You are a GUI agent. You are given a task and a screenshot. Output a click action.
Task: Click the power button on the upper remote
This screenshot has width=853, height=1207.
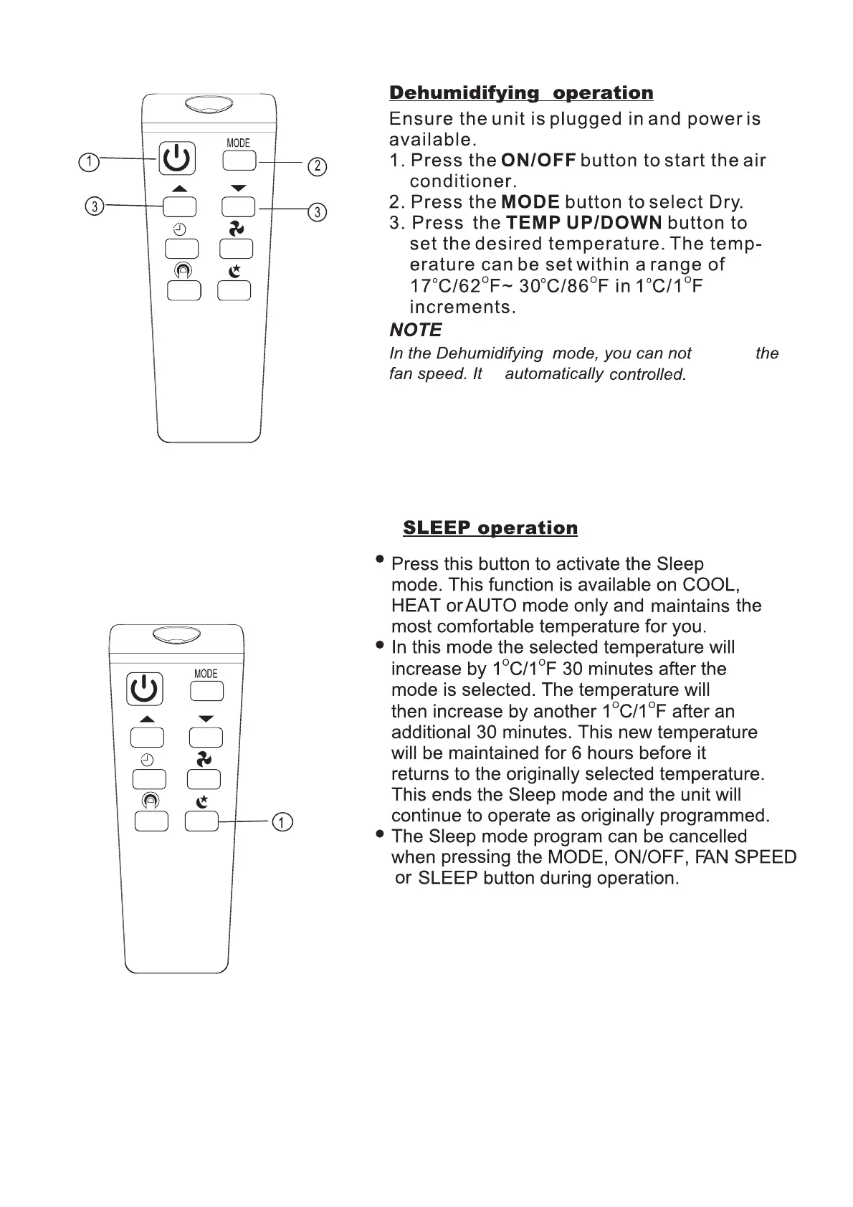176,158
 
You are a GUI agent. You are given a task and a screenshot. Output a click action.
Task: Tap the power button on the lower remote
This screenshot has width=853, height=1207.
145,689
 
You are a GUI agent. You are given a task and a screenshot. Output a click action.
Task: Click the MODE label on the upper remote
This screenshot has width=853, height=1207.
238,143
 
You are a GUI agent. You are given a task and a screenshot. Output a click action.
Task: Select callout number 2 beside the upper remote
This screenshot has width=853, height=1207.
317,167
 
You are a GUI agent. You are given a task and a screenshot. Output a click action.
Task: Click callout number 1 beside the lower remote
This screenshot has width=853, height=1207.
284,822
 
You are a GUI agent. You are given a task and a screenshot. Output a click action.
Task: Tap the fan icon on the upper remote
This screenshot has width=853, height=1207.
236,229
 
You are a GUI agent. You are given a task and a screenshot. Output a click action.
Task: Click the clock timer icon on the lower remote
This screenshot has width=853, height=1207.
147,760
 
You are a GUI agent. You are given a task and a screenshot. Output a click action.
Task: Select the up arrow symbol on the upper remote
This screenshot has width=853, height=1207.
179,189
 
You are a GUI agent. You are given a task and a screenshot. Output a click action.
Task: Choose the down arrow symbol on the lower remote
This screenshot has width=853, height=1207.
206,718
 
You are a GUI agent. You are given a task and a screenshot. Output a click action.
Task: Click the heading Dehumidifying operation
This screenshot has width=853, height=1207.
521,93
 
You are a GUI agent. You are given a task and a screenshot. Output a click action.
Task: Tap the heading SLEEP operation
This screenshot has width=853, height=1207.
490,528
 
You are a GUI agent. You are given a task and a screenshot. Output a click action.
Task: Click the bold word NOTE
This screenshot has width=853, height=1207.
415,330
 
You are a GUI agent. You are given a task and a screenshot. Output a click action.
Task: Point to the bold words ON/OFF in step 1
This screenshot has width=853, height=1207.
538,161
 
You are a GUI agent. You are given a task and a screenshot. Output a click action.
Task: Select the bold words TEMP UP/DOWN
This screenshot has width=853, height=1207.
583,223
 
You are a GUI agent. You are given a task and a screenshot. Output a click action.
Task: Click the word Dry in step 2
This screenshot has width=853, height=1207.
725,202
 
